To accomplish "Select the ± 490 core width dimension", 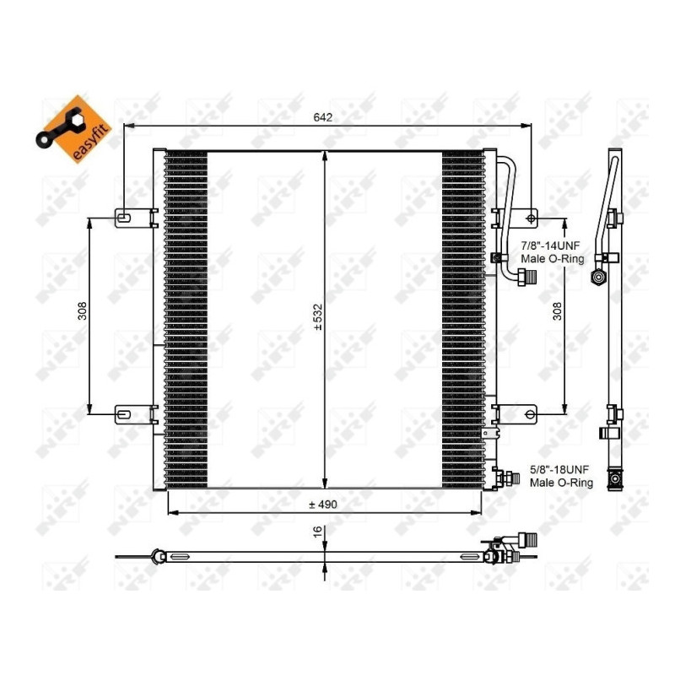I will coord(323,504).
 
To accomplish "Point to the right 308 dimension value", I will coord(557,313).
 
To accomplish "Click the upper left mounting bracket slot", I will coord(123,218).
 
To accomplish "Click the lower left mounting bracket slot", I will coord(123,414).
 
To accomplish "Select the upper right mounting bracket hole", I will coord(530,219).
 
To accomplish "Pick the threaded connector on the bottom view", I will coord(526,540).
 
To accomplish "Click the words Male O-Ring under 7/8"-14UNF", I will coord(553,259).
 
